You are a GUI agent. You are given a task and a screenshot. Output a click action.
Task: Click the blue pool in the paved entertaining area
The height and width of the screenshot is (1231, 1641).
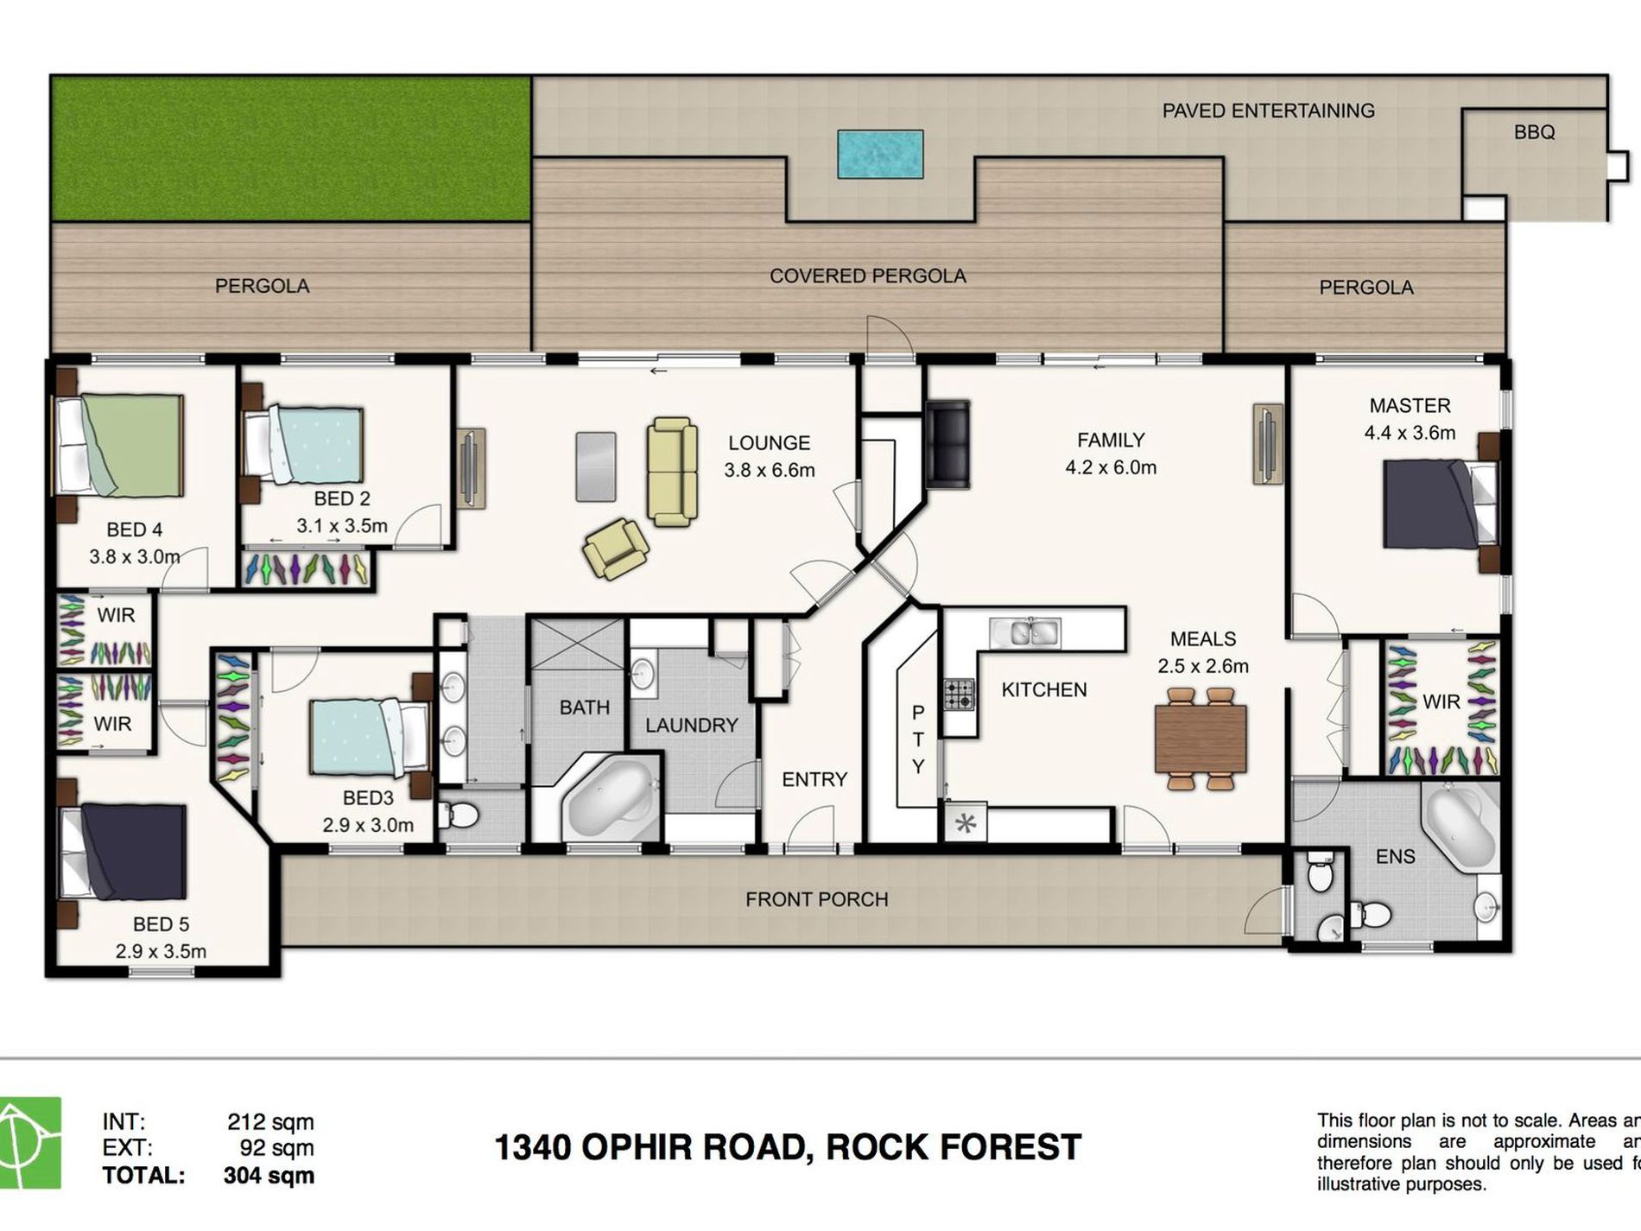pyautogui.click(x=879, y=154)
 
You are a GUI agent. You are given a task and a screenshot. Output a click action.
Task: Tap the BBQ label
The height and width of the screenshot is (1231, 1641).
pyautogui.click(x=1534, y=132)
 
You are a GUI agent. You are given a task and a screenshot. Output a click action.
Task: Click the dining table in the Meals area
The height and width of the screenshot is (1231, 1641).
pyautogui.click(x=1201, y=739)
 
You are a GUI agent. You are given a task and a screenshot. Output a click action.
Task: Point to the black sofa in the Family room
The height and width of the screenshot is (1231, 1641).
pyautogui.click(x=947, y=444)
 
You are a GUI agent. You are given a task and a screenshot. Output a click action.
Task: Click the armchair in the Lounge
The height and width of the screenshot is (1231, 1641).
pyautogui.click(x=615, y=548)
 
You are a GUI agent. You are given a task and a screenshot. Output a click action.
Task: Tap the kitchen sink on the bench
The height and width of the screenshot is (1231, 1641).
pyautogui.click(x=1024, y=632)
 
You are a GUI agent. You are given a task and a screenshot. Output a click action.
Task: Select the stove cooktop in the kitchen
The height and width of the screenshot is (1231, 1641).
pyautogui.click(x=959, y=694)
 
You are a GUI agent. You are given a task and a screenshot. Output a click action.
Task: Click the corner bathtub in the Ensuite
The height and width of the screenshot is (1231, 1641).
pyautogui.click(x=1460, y=829)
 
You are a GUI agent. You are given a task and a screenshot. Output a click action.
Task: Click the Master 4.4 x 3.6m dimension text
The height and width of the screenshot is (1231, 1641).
pyautogui.click(x=1410, y=433)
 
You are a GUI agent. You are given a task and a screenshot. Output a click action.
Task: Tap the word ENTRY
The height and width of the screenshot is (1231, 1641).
pyautogui.click(x=814, y=779)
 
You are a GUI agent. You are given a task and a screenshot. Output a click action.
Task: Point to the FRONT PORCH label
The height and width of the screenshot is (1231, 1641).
pyautogui.click(x=816, y=899)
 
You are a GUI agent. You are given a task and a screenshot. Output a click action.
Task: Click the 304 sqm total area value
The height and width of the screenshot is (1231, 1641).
pyautogui.click(x=268, y=1176)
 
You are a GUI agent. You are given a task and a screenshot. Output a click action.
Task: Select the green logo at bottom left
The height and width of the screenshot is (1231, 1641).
pyautogui.click(x=30, y=1142)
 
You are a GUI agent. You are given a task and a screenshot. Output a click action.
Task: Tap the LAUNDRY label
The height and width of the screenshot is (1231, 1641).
pyautogui.click(x=691, y=725)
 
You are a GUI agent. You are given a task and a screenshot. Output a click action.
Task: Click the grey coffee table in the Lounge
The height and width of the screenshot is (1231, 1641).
pyautogui.click(x=596, y=466)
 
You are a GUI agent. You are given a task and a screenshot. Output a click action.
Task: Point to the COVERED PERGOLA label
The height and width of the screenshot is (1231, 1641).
pyautogui.click(x=867, y=276)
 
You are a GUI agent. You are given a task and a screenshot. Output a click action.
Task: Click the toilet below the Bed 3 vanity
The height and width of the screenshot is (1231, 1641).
pyautogui.click(x=459, y=814)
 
